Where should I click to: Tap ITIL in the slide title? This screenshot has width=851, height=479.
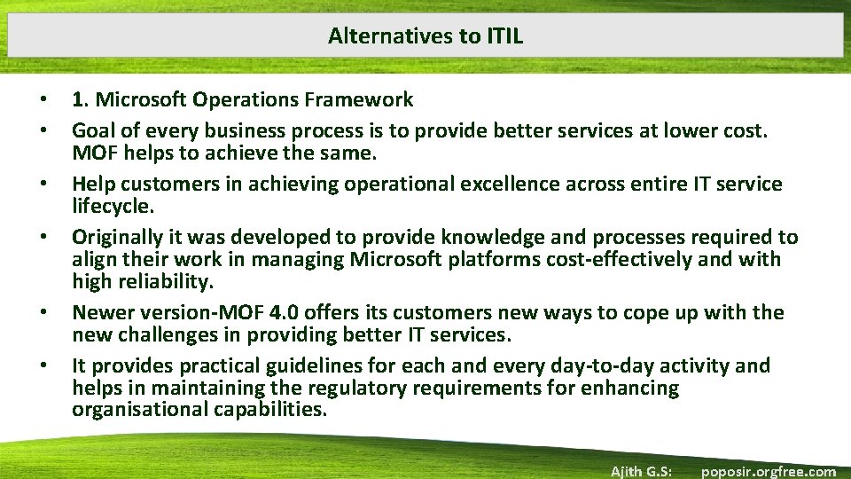pyautogui.click(x=505, y=35)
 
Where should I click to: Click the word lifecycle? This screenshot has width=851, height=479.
pyautogui.click(x=112, y=207)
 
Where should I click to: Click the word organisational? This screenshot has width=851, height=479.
pyautogui.click(x=141, y=411)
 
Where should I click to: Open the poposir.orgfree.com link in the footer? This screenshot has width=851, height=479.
pyautogui.click(x=768, y=471)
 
